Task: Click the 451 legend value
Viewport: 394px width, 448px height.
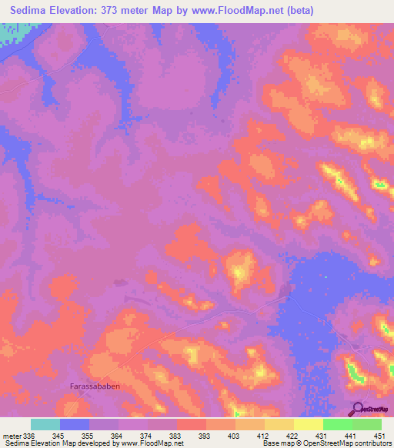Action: [x=376, y=436]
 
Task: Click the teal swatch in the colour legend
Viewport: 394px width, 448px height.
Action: [x=45, y=424]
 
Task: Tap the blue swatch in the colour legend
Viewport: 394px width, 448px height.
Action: [x=75, y=424]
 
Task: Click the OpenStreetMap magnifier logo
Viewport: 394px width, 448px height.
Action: [x=358, y=408]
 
